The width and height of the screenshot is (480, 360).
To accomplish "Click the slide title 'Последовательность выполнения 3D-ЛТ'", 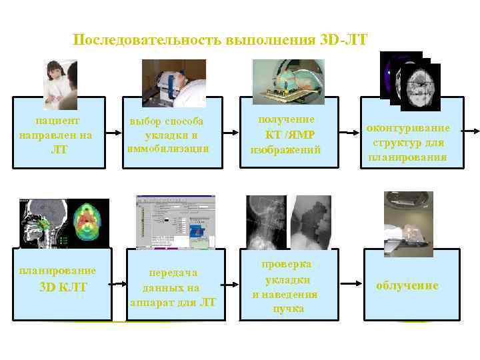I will (x=219, y=40).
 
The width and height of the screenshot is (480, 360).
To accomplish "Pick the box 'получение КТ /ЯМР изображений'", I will (x=285, y=135).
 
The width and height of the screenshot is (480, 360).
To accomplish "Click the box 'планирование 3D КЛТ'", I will (x=58, y=280).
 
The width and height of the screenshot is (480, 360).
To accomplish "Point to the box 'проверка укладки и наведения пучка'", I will (x=285, y=286).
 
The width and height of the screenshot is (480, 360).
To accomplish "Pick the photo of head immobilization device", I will (x=174, y=84).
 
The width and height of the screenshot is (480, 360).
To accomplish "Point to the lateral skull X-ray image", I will (x=267, y=223).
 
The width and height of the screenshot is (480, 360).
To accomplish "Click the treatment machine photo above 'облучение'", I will (x=408, y=223).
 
